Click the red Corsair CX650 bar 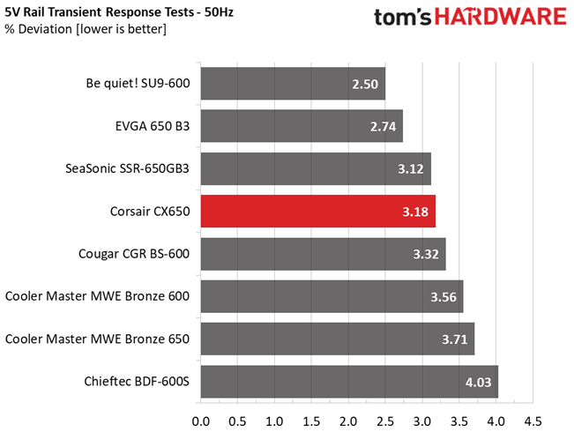317,212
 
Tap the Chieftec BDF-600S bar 349,382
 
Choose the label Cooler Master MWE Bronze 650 99,339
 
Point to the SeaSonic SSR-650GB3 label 128,169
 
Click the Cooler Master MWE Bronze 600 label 99,297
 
